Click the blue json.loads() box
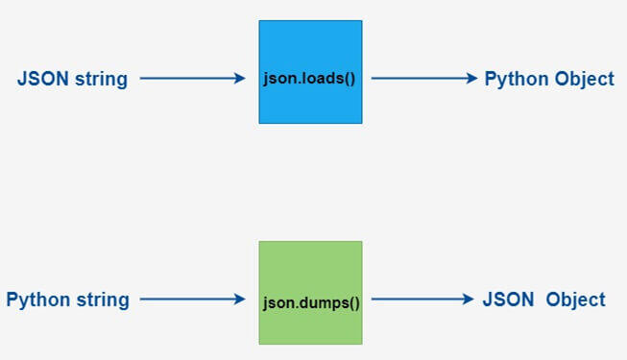tap(310, 48)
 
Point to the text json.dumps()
tap(310, 300)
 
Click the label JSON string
tap(72, 79)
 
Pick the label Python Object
tap(548, 79)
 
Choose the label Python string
tap(67, 300)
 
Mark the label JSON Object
tap(543, 300)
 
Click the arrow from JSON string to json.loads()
tap(192, 79)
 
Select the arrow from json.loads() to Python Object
tap(423, 79)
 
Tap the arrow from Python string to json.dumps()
tap(192, 300)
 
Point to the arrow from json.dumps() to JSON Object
tap(423, 300)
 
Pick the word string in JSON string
tap(100, 79)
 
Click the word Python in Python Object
tap(515, 79)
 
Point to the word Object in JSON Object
tap(575, 300)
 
